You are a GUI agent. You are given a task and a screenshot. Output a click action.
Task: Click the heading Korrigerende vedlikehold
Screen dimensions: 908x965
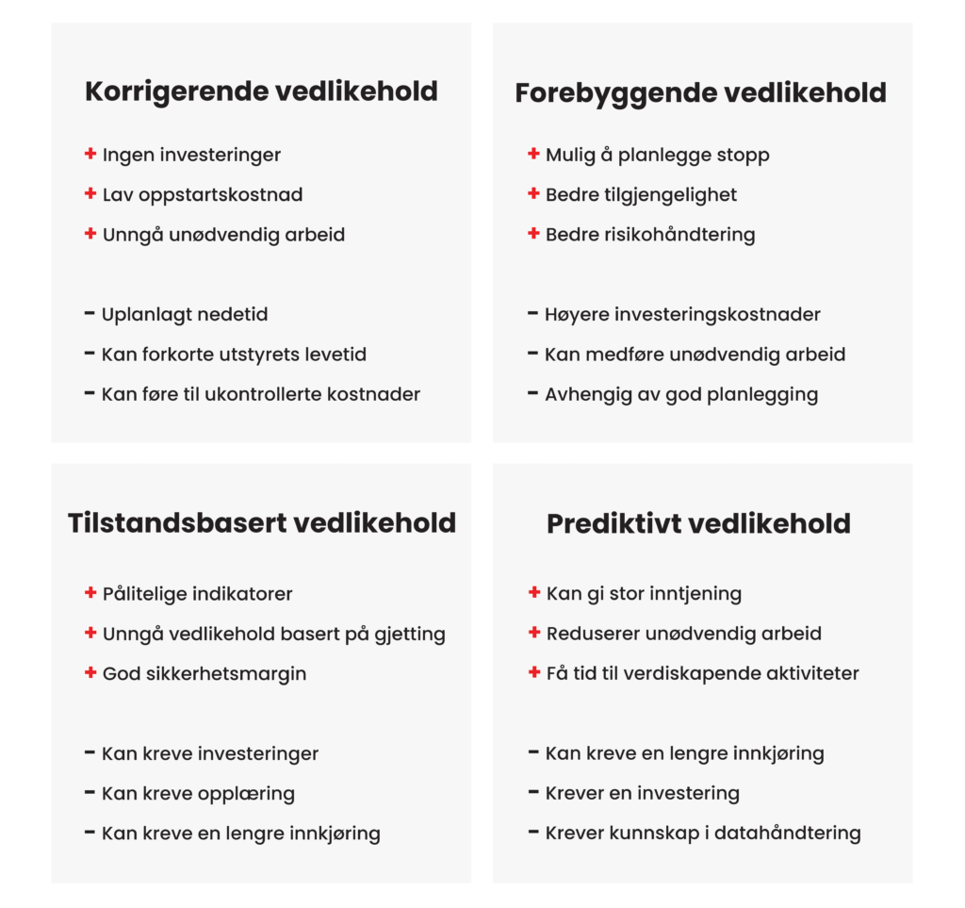[261, 91]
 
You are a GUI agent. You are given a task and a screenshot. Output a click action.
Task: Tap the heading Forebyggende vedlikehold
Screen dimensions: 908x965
[700, 93]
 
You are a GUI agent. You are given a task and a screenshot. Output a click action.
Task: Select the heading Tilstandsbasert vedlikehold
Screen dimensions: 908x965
[261, 523]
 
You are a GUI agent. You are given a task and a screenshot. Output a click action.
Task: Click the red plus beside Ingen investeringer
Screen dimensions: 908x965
[90, 154]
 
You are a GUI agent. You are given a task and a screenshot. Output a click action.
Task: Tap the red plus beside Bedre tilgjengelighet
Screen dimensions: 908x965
[533, 194]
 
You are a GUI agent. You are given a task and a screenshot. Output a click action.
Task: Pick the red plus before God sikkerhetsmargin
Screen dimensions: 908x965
[90, 673]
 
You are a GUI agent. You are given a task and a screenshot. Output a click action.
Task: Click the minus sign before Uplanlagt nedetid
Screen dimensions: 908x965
[90, 313]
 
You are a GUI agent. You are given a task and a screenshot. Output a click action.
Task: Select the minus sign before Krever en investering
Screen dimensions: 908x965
[533, 792]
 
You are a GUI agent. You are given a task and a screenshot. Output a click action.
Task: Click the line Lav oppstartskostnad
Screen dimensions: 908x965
[202, 195]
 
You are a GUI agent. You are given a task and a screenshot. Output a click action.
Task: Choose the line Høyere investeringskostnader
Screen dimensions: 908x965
[682, 315]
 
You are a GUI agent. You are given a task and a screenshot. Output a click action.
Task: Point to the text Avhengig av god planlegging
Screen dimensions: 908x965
[680, 394]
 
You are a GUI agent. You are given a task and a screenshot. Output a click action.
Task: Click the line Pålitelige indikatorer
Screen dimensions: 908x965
[197, 594]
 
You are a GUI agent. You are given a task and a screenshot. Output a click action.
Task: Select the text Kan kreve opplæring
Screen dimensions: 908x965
[198, 793]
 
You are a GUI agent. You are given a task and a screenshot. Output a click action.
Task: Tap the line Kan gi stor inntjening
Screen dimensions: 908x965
[644, 594]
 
